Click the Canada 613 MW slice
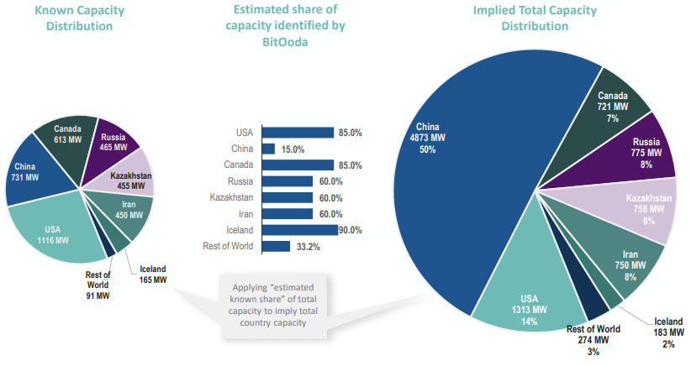tap(68, 133)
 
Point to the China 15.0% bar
tap(268, 149)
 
